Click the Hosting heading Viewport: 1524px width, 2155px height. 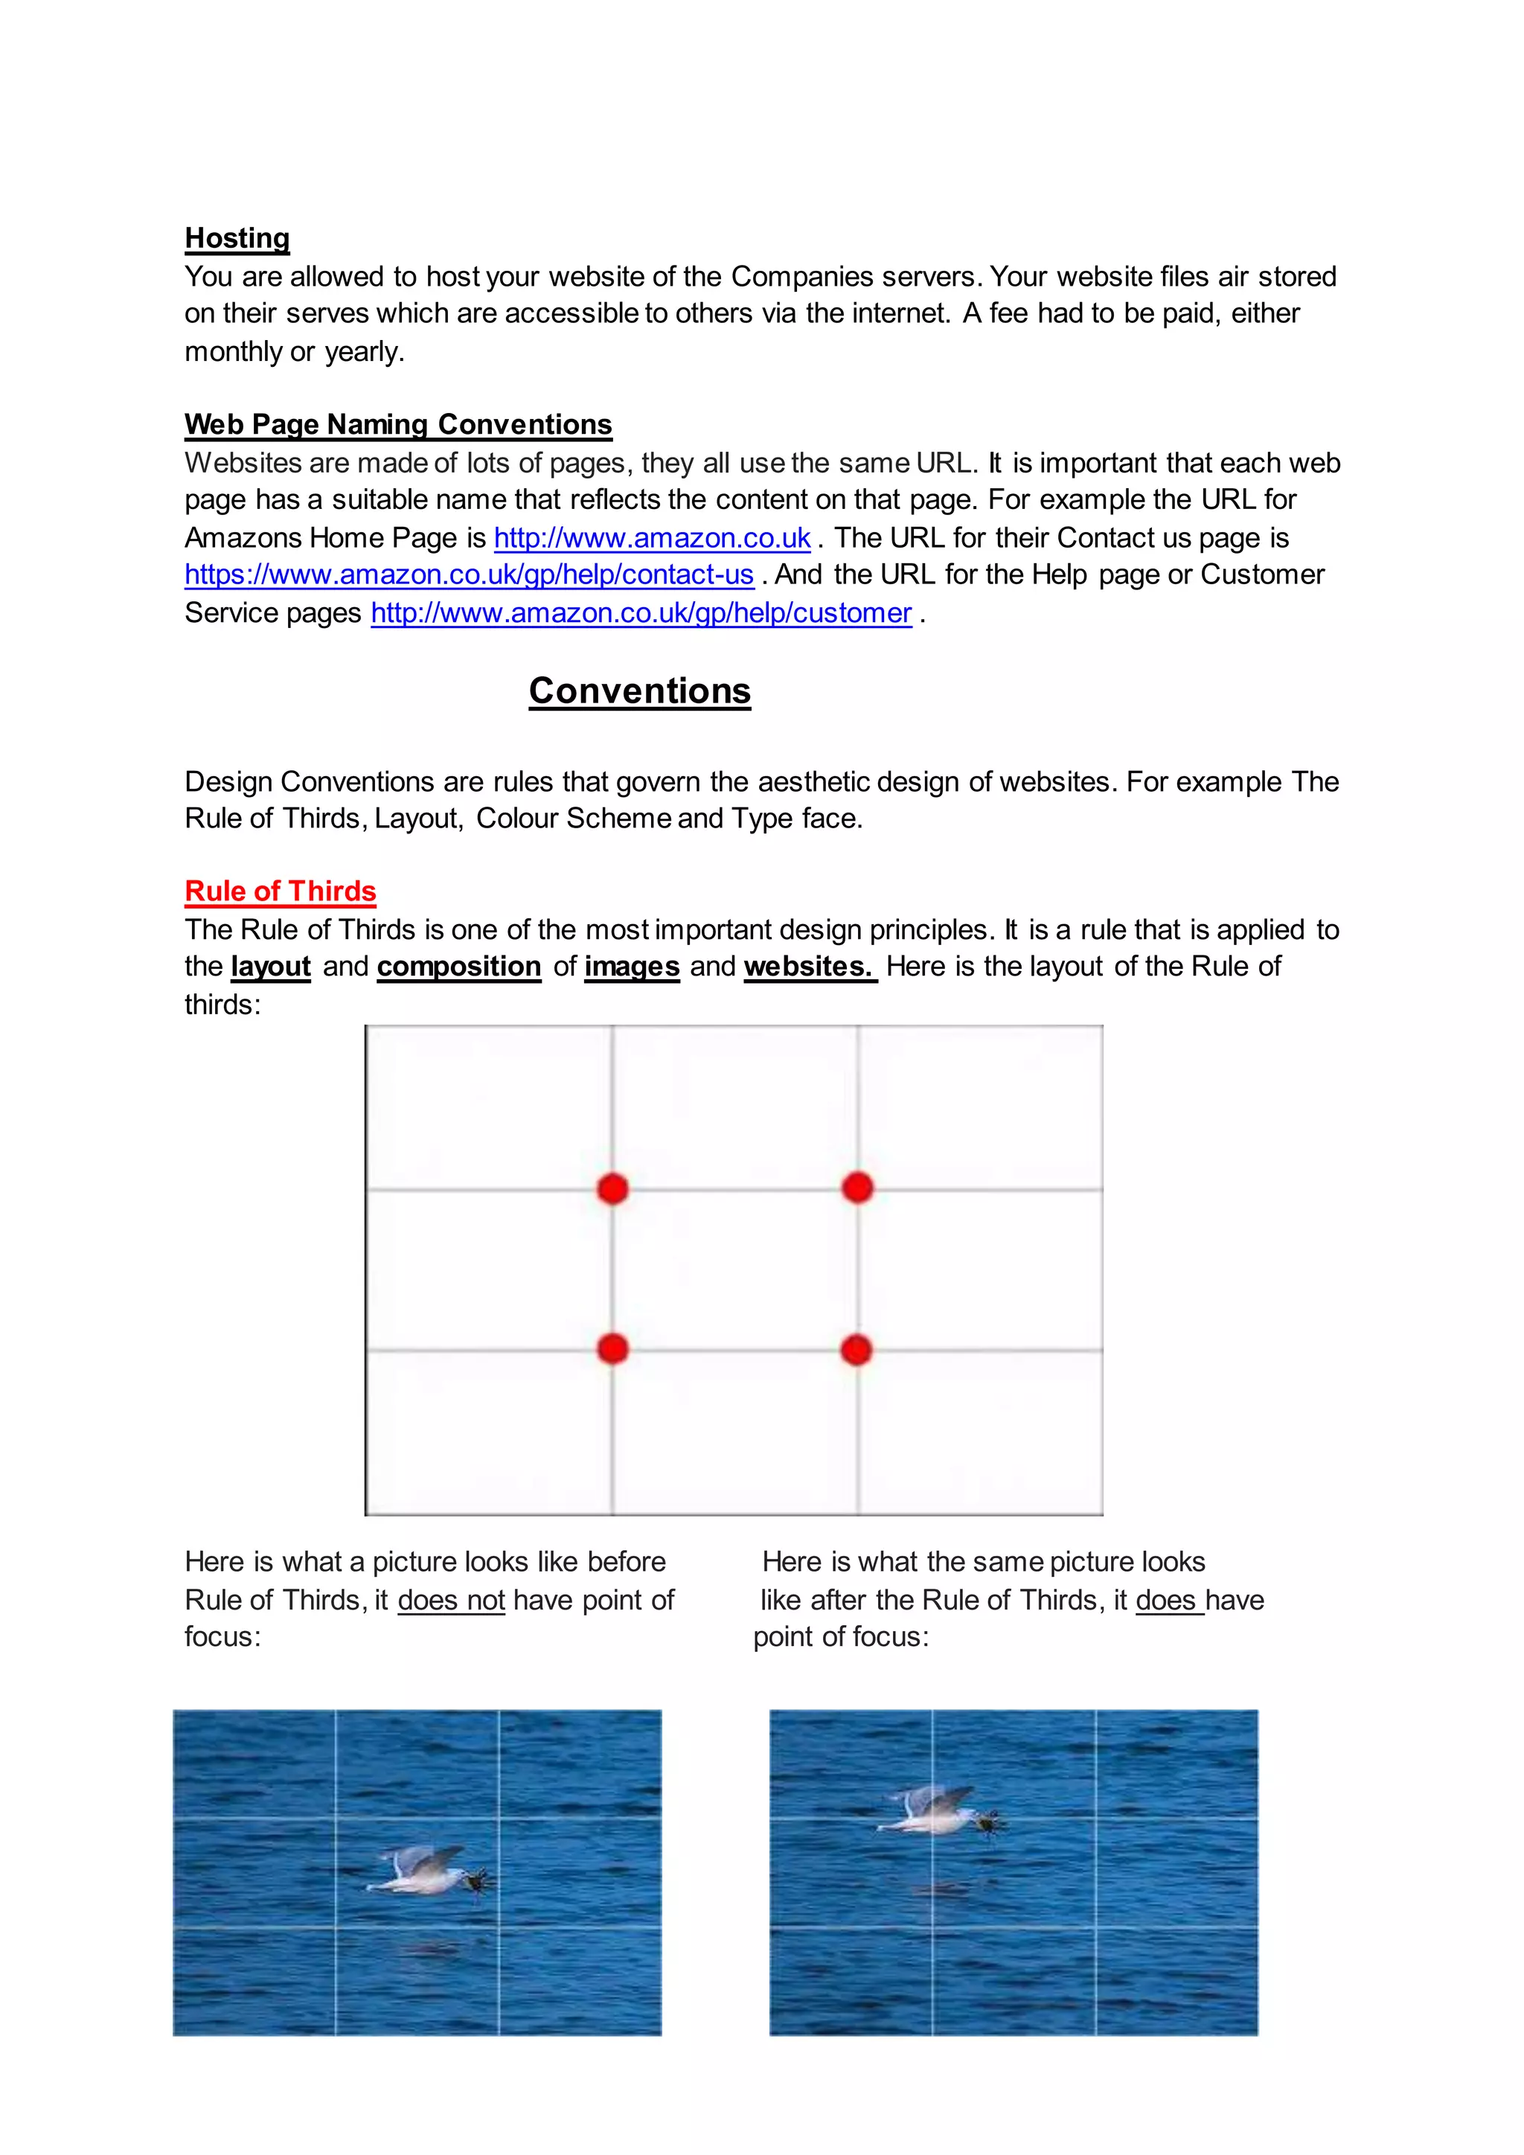(237, 238)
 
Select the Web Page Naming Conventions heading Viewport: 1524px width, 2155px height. (398, 424)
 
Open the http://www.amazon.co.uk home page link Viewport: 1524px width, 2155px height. (651, 538)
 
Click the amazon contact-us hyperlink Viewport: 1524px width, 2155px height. (470, 574)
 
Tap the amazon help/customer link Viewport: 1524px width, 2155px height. (641, 613)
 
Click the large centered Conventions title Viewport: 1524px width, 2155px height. (639, 691)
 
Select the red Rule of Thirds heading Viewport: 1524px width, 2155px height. (280, 891)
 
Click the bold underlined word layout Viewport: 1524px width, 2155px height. (270, 967)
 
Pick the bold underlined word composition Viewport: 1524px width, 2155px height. (459, 967)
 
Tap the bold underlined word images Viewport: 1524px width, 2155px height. (632, 967)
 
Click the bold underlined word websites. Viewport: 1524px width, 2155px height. (809, 967)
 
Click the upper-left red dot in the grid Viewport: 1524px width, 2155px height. (612, 1188)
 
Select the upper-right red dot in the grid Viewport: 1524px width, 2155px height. (857, 1188)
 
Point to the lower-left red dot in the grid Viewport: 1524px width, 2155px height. (612, 1349)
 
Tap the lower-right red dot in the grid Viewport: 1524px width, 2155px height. (856, 1350)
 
